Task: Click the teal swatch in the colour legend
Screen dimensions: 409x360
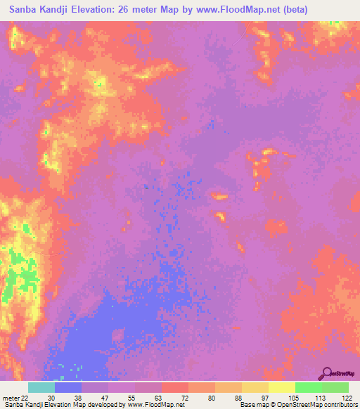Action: [x=41, y=387]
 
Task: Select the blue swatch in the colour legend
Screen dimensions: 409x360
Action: [x=68, y=387]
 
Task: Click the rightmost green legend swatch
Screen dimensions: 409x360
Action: [x=335, y=387]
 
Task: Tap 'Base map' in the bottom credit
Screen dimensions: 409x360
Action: [x=251, y=405]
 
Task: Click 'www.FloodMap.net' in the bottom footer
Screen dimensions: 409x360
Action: [x=152, y=405]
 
